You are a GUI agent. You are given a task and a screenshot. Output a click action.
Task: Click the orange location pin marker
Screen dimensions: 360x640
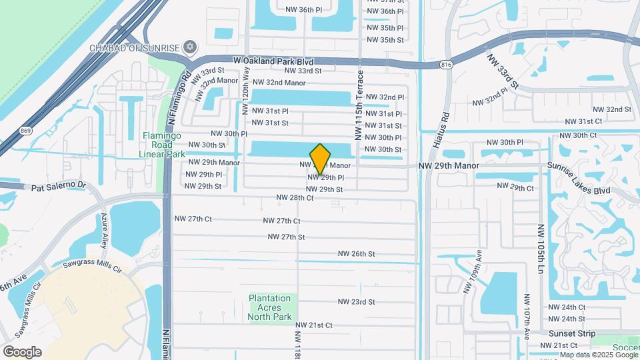point(321,159)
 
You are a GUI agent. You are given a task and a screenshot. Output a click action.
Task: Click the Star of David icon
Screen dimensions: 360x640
point(191,47)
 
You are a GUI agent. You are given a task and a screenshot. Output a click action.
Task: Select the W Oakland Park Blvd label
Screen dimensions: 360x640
point(273,61)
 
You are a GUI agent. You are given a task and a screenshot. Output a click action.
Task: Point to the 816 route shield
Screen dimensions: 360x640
point(447,65)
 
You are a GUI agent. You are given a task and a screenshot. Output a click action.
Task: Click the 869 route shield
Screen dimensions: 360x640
point(25,131)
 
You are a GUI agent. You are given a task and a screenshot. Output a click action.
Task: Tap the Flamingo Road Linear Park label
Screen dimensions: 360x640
point(162,145)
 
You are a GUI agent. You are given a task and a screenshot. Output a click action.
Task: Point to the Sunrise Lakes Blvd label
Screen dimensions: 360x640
point(579,177)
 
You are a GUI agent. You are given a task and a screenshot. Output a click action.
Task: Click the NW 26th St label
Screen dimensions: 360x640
point(357,253)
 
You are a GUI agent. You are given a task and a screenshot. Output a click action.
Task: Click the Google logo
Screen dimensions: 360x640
point(22,351)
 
